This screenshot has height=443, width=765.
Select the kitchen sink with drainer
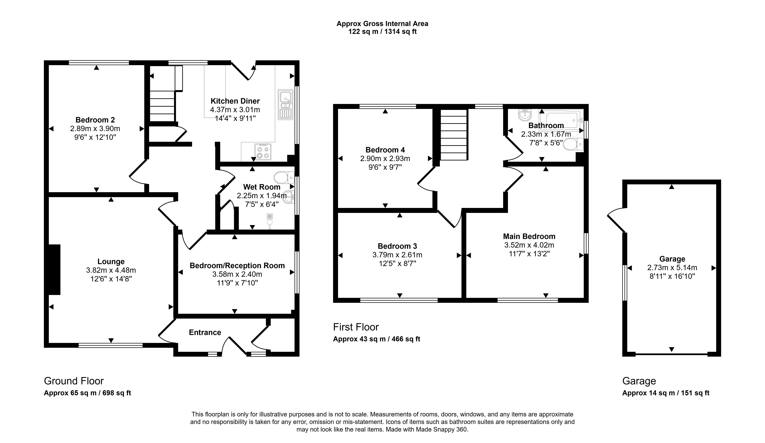[285, 104]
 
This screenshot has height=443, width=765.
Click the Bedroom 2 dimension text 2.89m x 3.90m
[95, 128]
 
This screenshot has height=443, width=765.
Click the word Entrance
[205, 332]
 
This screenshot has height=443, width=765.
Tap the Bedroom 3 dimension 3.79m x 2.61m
[397, 255]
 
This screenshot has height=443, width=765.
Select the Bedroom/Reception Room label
[237, 266]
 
